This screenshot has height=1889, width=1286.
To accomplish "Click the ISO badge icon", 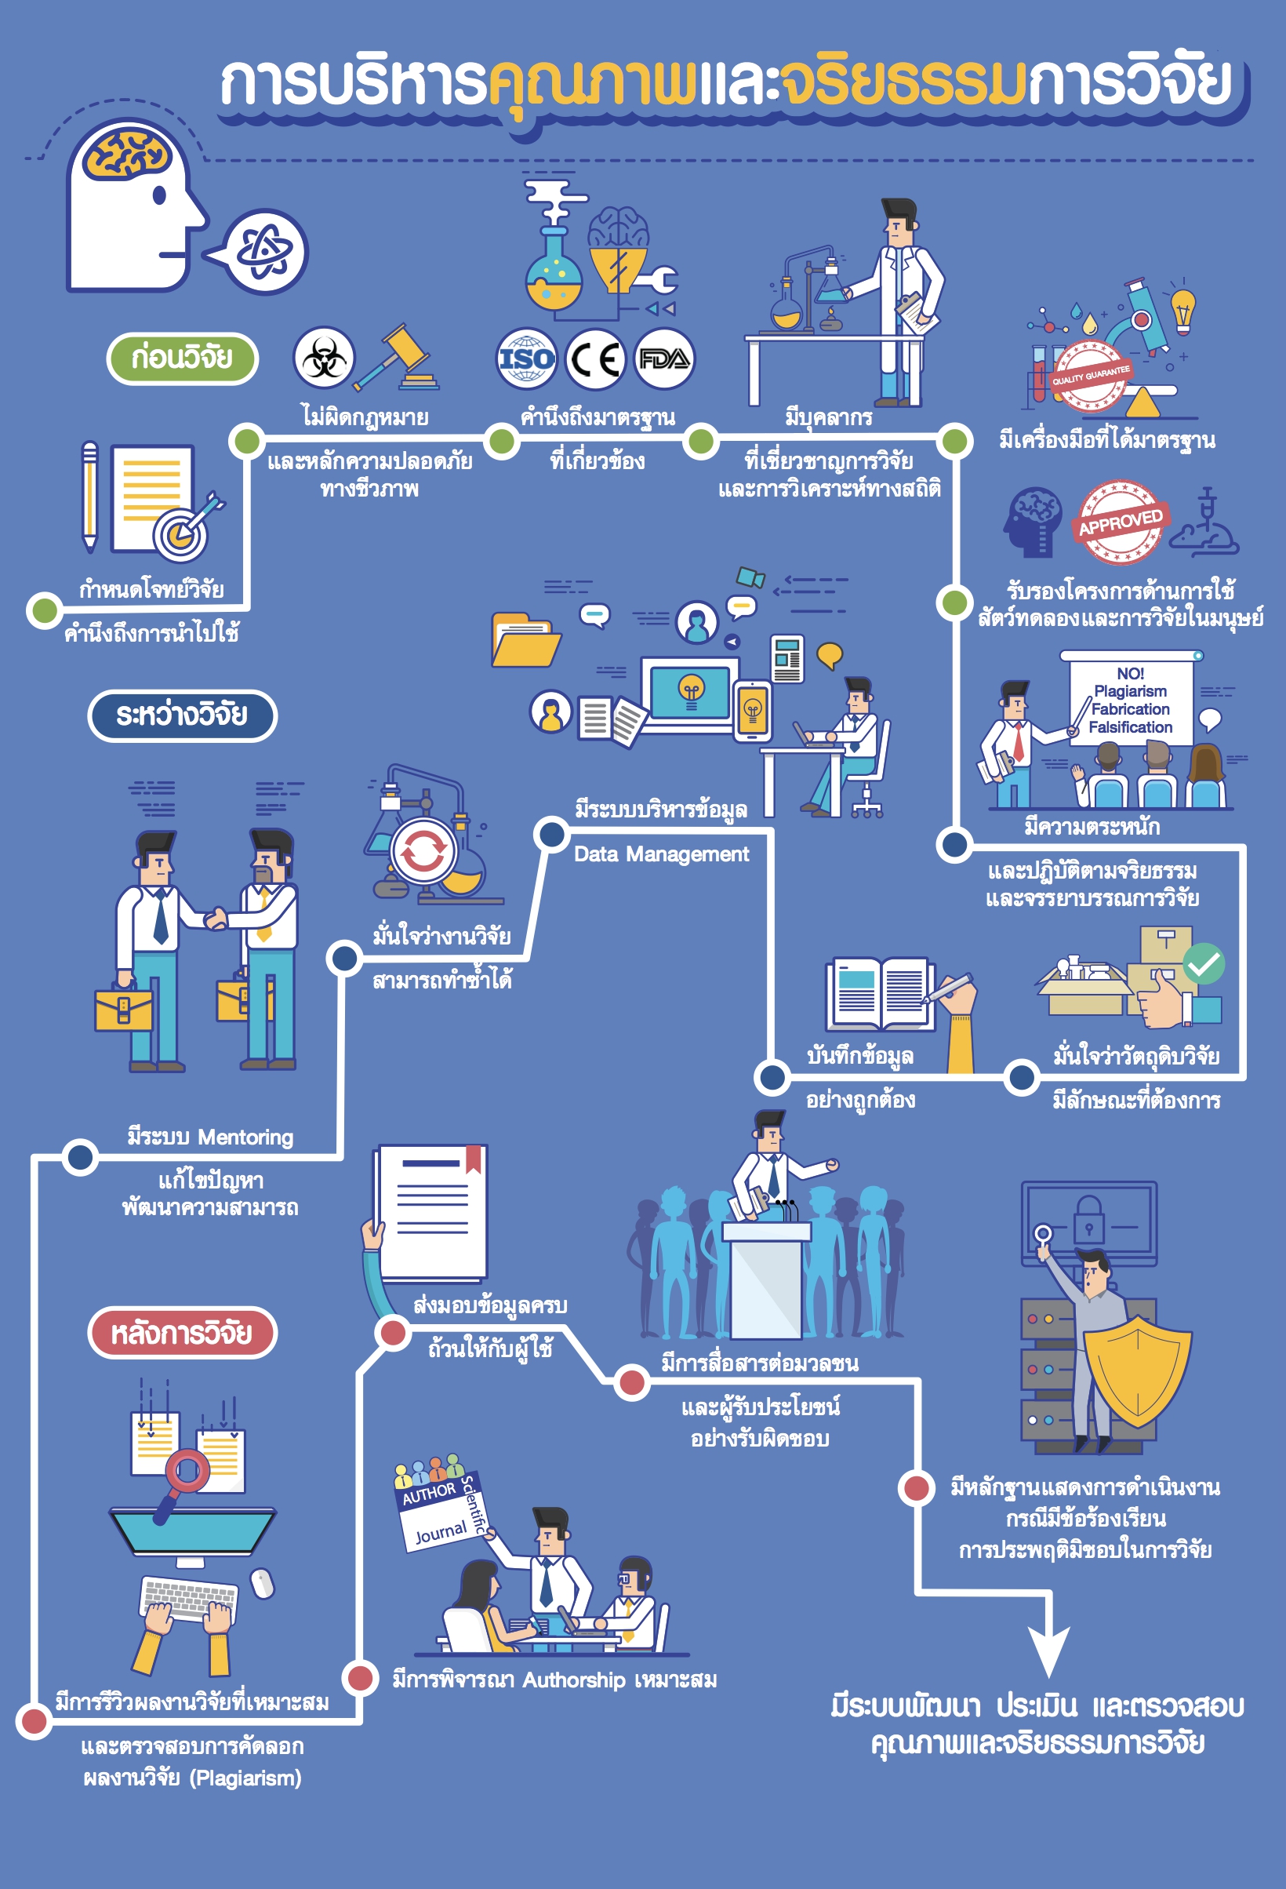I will [x=526, y=359].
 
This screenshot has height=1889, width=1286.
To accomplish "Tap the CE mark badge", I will [x=595, y=359].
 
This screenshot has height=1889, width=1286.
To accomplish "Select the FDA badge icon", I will [x=663, y=359].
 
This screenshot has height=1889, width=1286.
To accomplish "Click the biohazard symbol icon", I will [x=324, y=358].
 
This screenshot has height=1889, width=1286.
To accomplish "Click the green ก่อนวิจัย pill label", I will [x=182, y=358].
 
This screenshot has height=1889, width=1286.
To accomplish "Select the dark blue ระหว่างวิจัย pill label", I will [x=182, y=715].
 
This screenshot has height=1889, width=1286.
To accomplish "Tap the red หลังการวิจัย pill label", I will [x=182, y=1333].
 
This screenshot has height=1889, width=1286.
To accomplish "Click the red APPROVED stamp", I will [x=1121, y=522].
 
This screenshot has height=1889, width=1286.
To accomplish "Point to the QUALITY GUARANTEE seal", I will [x=1090, y=376].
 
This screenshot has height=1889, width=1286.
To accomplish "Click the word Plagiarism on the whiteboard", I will [x=1130, y=691].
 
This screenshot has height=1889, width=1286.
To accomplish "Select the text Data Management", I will [x=661, y=854].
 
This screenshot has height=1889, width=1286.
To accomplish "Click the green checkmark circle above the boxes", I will [x=1203, y=964].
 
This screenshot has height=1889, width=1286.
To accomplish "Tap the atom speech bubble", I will [x=266, y=252].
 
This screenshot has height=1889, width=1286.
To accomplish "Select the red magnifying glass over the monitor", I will [x=187, y=1471].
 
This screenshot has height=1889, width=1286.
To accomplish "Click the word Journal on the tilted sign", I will [x=441, y=1533].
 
